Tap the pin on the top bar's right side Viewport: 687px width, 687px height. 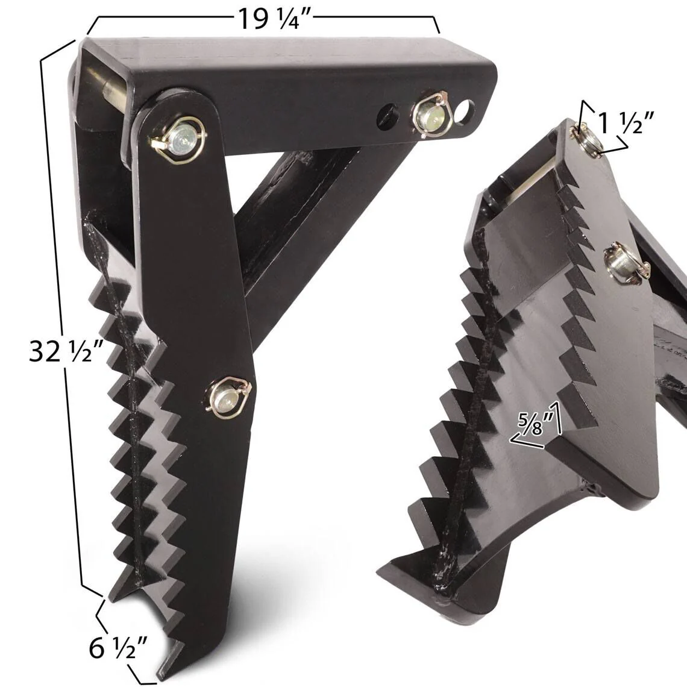(x=425, y=116)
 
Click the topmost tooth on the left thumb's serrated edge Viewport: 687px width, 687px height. (x=96, y=232)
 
